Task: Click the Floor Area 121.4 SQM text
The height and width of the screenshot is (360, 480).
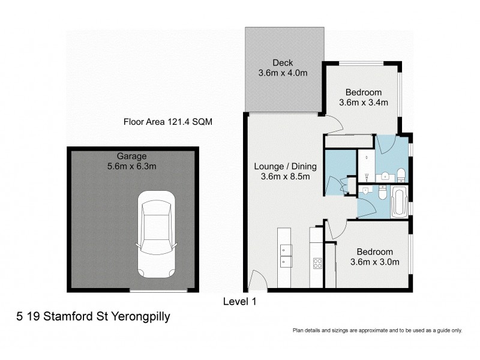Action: (168, 122)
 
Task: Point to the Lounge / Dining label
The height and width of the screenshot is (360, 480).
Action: (281, 167)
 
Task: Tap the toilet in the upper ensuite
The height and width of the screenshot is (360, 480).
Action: (401, 175)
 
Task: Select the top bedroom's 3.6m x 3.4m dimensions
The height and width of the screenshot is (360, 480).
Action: (364, 103)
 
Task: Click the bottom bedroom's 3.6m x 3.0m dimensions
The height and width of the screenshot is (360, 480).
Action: (375, 262)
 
